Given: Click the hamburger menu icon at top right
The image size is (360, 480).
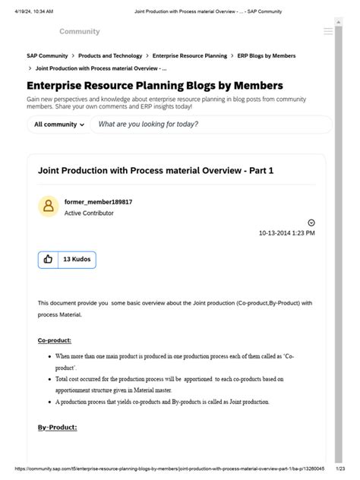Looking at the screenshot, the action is click(x=327, y=32).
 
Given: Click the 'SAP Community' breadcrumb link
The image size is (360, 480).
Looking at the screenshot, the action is click(x=47, y=56).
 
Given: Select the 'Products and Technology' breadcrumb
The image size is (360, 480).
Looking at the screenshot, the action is click(x=110, y=56).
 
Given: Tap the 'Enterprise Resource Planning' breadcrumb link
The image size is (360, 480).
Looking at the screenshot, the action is click(x=189, y=56).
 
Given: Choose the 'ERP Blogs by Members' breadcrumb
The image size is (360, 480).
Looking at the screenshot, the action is click(x=266, y=56).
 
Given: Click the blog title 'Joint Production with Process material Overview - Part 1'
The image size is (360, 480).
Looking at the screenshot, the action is click(x=156, y=171).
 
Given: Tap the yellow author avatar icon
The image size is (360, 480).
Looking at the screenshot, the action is click(x=49, y=207).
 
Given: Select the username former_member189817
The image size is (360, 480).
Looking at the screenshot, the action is click(x=98, y=203).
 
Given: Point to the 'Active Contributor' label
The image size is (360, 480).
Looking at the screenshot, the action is click(x=89, y=213).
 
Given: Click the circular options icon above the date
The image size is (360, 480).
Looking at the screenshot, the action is click(x=311, y=223).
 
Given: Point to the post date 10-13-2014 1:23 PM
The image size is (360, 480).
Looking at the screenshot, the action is click(x=286, y=233).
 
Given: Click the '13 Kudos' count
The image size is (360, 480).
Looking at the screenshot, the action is click(x=77, y=259).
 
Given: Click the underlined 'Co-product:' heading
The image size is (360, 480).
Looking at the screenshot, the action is click(x=54, y=339).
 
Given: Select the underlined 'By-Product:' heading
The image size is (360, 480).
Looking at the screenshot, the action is click(x=57, y=427).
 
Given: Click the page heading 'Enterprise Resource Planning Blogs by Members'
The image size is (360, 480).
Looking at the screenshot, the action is click(x=155, y=86).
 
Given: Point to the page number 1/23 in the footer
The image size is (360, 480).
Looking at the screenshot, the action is click(x=340, y=469).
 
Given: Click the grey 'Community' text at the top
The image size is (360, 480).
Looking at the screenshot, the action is click(x=80, y=32).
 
